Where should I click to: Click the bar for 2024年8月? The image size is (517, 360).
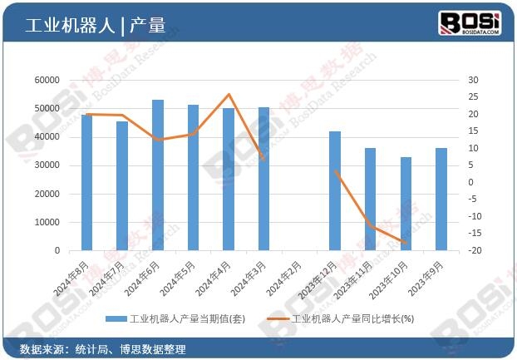point(86,182)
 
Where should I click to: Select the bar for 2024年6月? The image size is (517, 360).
point(158,175)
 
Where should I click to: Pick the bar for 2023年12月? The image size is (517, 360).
point(334,191)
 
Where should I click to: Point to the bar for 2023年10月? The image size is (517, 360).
point(406,204)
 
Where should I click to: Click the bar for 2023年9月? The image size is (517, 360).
point(441,200)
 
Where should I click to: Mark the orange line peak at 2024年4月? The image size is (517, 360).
point(229,95)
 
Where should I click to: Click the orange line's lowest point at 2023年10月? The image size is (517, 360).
point(405,243)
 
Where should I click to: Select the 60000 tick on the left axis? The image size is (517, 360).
point(47,80)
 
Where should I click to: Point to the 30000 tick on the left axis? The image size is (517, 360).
point(47,165)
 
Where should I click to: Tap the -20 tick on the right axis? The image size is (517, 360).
point(473,251)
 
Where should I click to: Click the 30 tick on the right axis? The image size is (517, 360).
point(473,80)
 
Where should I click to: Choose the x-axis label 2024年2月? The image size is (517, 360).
point(286,278)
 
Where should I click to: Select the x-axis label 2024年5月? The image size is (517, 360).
point(180,278)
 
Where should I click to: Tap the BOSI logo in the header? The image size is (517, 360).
point(469,22)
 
